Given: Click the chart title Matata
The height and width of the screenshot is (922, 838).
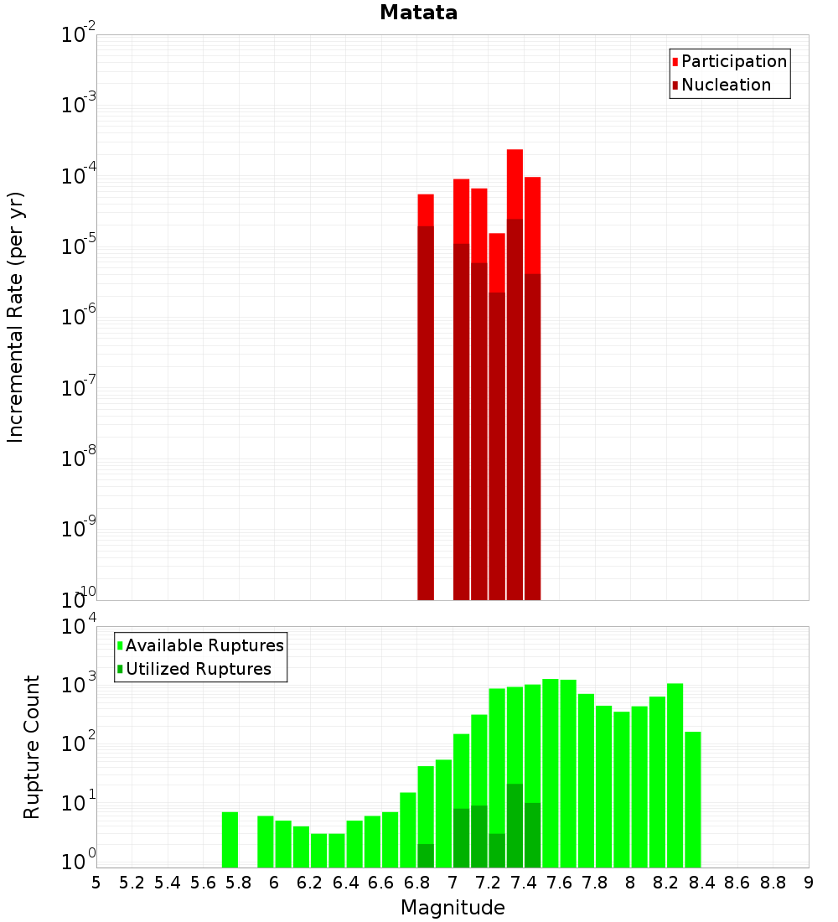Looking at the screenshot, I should pos(418,13).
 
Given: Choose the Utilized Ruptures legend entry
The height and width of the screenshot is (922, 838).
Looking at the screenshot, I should pos(198,669).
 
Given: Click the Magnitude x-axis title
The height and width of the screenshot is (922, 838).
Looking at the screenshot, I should pos(453,908).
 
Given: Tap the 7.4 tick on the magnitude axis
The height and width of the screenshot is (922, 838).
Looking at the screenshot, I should pos(524,883).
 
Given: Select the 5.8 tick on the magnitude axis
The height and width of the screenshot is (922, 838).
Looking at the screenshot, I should pos(239,883).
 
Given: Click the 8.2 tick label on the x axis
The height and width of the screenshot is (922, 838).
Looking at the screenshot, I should pos(666,883).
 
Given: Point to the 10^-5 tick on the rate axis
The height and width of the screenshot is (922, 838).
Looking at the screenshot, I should pos(79,246).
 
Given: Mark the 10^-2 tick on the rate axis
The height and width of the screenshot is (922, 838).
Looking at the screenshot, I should pos(79,35).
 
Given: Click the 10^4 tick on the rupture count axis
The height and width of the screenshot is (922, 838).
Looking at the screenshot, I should pos(79,626).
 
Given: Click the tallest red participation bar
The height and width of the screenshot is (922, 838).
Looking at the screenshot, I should pos(515,184).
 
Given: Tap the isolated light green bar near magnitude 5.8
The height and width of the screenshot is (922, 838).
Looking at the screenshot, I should pos(230,839).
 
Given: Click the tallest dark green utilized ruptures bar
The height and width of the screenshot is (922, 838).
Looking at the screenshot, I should pos(515,826).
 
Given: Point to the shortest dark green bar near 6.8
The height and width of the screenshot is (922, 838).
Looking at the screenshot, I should pos(426,856).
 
